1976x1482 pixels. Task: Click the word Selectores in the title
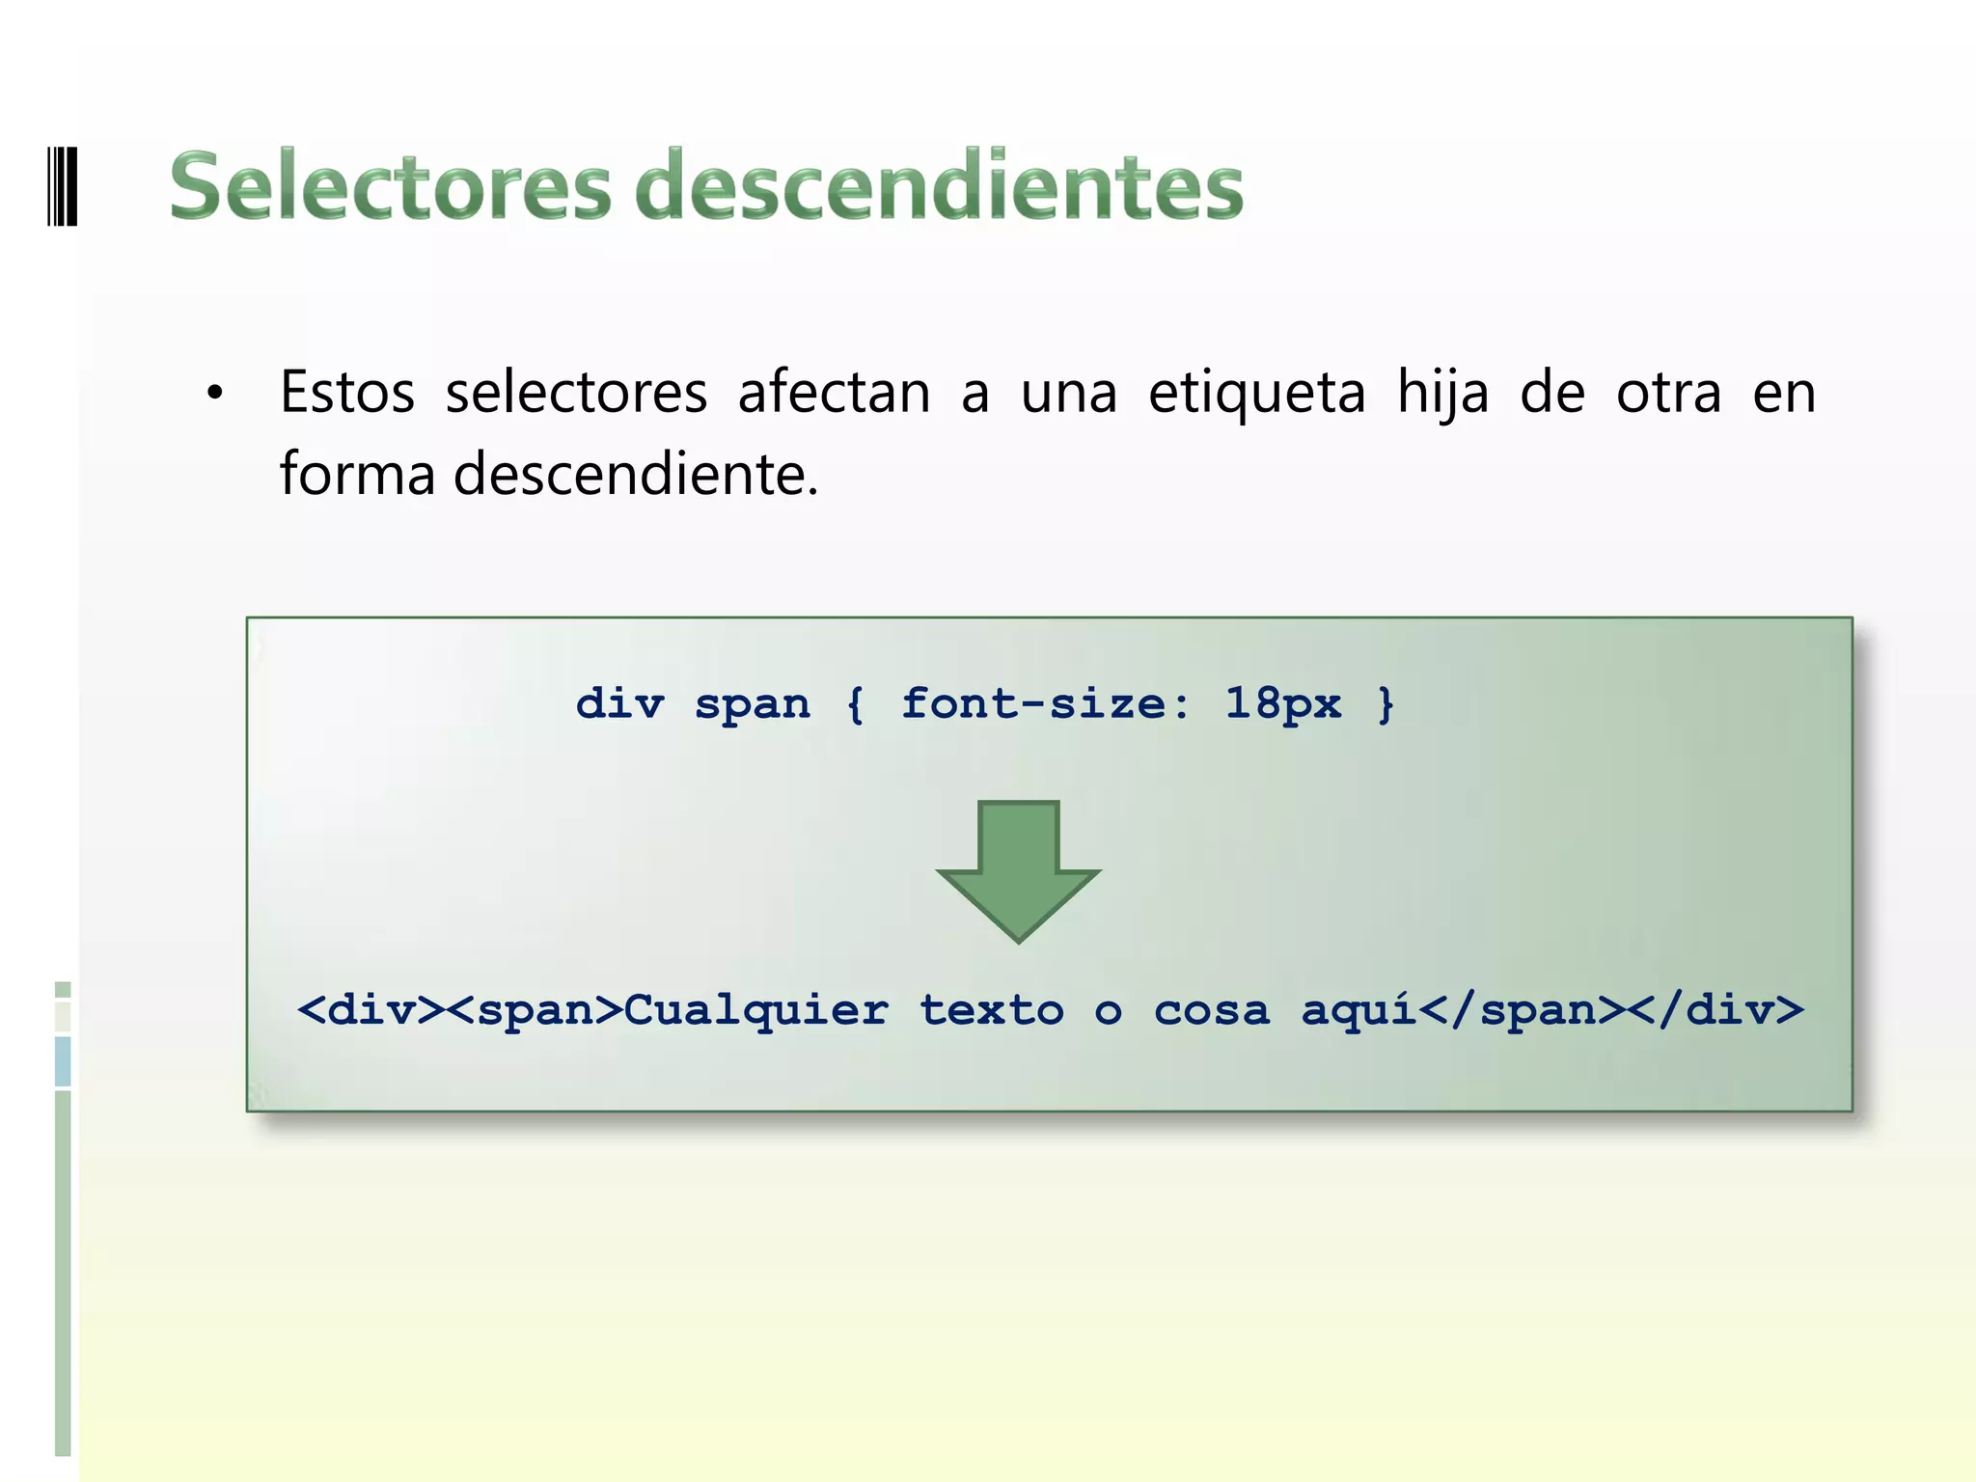click(x=391, y=186)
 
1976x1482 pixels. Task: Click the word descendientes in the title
click(x=940, y=186)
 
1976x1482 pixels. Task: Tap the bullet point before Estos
click(x=214, y=395)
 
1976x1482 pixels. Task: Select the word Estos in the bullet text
click(x=347, y=393)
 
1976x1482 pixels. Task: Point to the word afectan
click(x=835, y=393)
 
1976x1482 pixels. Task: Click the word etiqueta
click(x=1257, y=393)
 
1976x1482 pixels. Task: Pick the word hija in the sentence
click(x=1443, y=393)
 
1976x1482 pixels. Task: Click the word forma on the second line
click(x=357, y=475)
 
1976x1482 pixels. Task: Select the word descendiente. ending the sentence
click(x=636, y=475)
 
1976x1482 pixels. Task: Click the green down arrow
click(x=1019, y=868)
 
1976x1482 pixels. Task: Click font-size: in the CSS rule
click(x=1046, y=703)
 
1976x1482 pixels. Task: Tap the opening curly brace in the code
click(x=855, y=703)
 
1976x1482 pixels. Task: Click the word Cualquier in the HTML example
click(x=756, y=1010)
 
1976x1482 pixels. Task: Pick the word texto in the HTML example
click(x=992, y=1010)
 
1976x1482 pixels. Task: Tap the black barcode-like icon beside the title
click(x=63, y=185)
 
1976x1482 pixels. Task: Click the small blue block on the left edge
click(x=63, y=1061)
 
